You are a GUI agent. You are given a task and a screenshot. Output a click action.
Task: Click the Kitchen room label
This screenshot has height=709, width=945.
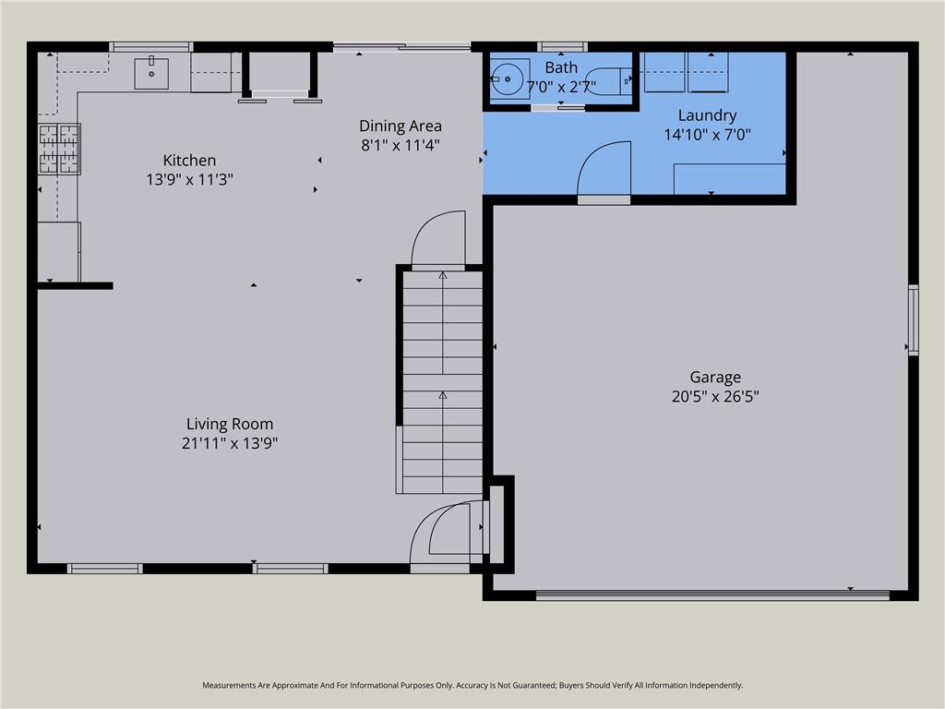pyautogui.click(x=189, y=161)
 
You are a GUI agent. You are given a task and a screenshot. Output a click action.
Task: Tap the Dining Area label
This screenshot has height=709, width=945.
pyautogui.click(x=401, y=126)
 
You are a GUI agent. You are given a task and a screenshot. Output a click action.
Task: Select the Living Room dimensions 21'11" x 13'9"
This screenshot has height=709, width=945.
pyautogui.click(x=230, y=443)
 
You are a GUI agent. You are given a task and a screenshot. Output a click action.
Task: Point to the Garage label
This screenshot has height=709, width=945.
pyautogui.click(x=715, y=378)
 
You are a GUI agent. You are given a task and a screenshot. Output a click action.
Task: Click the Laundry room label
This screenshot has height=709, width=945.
pyautogui.click(x=708, y=115)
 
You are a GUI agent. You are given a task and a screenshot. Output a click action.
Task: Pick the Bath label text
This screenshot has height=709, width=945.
pyautogui.click(x=561, y=67)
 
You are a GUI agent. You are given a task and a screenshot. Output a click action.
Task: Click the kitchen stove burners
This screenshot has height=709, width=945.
pyautogui.click(x=59, y=149)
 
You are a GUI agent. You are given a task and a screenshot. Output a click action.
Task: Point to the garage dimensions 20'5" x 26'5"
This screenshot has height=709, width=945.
pyautogui.click(x=715, y=397)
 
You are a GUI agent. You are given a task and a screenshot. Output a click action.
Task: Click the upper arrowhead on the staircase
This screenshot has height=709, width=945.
pyautogui.click(x=443, y=275)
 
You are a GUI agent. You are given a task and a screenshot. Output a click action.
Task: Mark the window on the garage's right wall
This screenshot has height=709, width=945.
pyautogui.click(x=913, y=319)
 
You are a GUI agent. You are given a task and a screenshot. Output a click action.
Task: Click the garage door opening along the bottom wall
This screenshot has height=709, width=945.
pyautogui.click(x=713, y=595)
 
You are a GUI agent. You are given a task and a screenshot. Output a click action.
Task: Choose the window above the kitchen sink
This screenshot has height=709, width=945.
pyautogui.click(x=151, y=47)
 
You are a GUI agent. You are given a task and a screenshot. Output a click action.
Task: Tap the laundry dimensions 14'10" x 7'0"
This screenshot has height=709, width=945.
pyautogui.click(x=708, y=135)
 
